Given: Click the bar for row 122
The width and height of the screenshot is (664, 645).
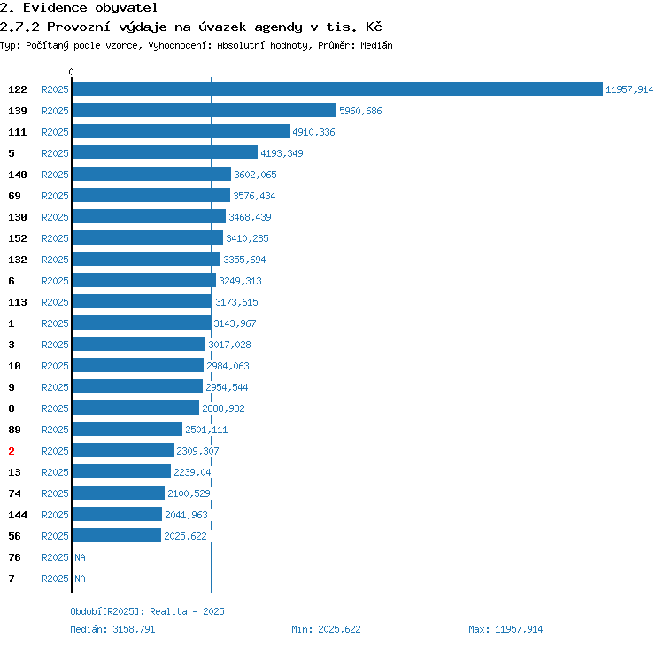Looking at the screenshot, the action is click(337, 89).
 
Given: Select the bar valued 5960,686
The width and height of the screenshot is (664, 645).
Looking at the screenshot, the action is click(205, 110).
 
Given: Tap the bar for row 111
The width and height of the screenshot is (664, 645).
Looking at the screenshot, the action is click(181, 131).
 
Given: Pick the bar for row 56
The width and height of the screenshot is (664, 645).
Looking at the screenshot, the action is click(117, 535).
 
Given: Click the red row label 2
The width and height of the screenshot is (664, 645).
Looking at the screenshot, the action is click(12, 451).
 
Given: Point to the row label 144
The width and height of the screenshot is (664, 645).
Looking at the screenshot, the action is click(18, 515).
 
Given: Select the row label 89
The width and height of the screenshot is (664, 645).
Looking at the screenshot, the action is click(14, 430).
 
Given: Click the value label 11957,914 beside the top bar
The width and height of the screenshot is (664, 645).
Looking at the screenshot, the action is click(629, 89).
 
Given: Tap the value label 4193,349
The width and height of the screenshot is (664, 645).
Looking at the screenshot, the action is click(282, 153).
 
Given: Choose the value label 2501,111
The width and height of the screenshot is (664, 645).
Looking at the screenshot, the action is click(206, 430).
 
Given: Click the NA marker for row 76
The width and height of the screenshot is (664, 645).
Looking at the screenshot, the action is click(80, 557).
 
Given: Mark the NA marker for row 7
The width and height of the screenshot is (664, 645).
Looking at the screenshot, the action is click(80, 579).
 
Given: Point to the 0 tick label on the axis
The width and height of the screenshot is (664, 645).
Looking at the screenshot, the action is click(71, 72).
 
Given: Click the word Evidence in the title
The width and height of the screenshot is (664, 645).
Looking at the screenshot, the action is click(55, 8).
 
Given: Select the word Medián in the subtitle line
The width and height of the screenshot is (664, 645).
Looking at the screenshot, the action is click(376, 45).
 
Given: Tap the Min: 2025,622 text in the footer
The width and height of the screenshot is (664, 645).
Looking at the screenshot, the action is click(326, 629).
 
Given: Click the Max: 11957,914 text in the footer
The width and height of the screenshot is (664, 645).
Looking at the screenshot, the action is click(506, 629).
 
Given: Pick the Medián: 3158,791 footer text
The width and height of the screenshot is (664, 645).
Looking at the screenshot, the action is click(112, 629).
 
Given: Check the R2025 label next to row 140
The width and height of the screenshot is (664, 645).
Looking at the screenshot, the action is click(55, 175).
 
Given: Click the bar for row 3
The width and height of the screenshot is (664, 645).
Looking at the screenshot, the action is click(139, 344).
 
